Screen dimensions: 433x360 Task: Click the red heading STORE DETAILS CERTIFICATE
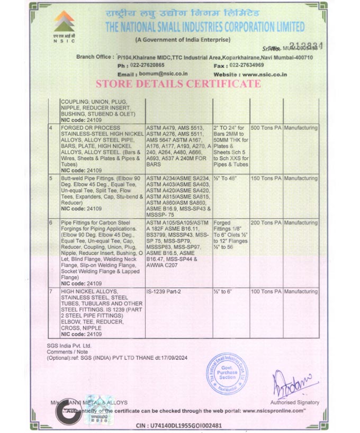pyautogui.click(x=178, y=84)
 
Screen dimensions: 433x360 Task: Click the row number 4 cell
pyautogui.click(x=51, y=128)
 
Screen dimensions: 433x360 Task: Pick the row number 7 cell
pyautogui.click(x=51, y=292)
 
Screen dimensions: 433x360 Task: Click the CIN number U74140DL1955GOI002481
pyautogui.click(x=179, y=426)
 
